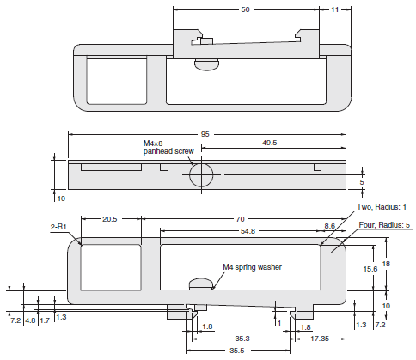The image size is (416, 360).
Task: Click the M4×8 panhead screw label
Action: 168,147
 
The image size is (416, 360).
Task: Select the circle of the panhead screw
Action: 203,174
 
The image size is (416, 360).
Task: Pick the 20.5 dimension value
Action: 110,220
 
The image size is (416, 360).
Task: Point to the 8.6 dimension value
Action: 330,225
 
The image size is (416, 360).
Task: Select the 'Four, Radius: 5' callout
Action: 382,225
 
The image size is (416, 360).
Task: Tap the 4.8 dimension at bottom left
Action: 29,320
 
